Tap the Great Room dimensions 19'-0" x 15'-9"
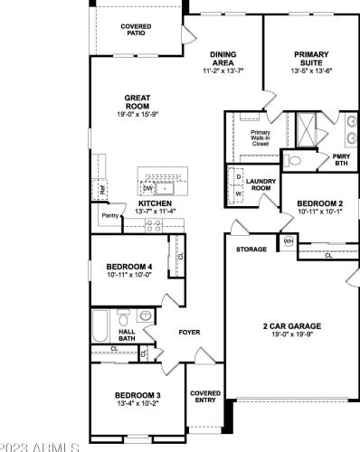coord(137,114)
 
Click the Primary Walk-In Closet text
coord(261,137)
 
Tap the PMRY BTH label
coord(341,159)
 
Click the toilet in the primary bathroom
coord(295,160)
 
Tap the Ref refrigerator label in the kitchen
coord(103,191)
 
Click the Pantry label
coord(110,216)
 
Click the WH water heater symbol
coord(289,241)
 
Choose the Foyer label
coord(189,332)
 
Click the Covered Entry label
coord(205,397)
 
